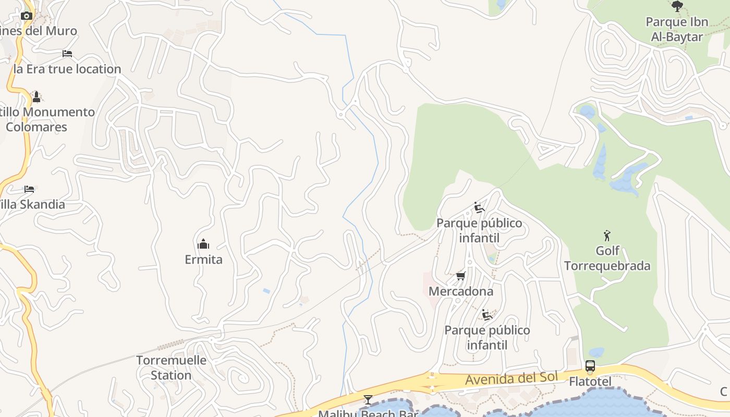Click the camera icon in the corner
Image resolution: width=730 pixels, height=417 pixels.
[x=27, y=16]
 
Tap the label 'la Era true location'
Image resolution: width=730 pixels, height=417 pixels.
[x=67, y=69]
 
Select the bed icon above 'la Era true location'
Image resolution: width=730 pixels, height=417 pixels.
[x=67, y=53]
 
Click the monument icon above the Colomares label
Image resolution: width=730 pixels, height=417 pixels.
[x=36, y=96]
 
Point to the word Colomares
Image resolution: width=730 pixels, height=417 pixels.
[x=36, y=127]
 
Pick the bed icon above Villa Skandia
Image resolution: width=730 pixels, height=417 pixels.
[x=29, y=189]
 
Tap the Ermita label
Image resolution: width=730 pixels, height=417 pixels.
[x=203, y=259]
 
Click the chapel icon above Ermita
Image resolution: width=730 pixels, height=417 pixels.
[x=203, y=243]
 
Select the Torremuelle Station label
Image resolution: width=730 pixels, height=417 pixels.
[x=164, y=367]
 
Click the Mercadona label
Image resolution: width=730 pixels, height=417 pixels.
[x=461, y=291]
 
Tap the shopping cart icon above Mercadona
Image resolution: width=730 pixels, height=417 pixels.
[x=460, y=276]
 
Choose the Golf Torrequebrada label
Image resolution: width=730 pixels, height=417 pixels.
[x=607, y=258]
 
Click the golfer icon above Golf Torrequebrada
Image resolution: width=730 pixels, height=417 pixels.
[x=606, y=236]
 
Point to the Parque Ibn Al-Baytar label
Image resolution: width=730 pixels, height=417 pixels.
[x=677, y=29]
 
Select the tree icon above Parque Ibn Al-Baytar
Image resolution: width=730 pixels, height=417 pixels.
[x=677, y=7]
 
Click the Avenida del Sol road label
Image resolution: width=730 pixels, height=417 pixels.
[x=512, y=379]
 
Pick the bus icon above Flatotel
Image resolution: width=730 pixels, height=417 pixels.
[x=590, y=366]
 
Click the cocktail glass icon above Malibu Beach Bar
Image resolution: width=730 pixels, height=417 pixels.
[x=368, y=400]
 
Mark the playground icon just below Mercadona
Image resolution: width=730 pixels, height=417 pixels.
[x=487, y=314]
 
